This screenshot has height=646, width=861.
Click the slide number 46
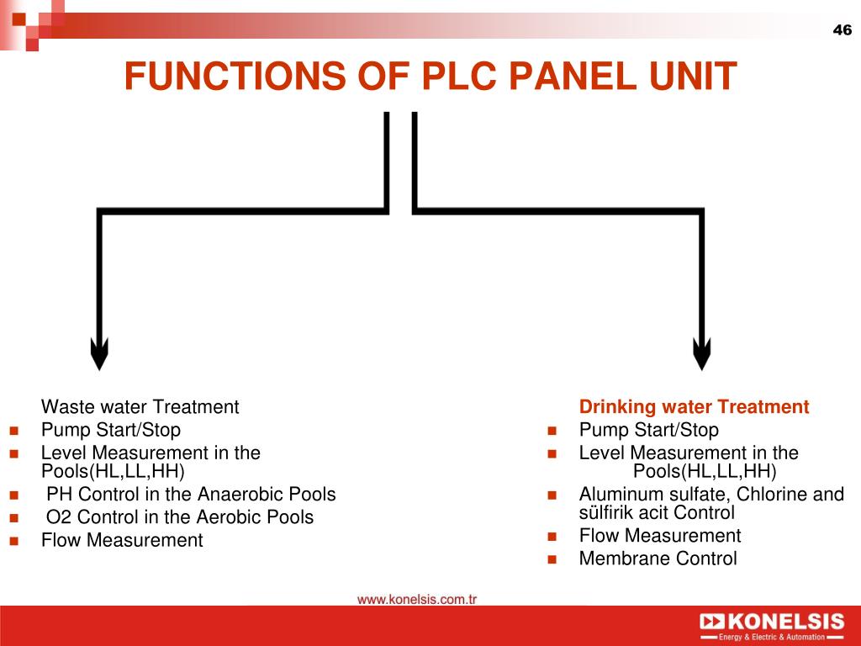pos(842,29)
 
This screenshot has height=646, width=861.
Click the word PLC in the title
pos(460,76)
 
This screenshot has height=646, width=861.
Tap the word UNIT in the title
pos(693,76)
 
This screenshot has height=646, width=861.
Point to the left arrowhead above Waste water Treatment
pos(99,354)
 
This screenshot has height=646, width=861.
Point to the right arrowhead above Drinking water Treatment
pos(702,354)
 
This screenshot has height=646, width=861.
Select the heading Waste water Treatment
pos(140,407)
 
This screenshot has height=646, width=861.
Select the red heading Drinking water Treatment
pos(694,407)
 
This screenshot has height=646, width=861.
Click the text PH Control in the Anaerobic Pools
pos(191,495)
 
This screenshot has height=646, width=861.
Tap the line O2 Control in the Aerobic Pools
pos(180,517)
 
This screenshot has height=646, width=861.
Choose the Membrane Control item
pos(658,559)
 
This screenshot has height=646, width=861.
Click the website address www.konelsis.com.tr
pos(417,599)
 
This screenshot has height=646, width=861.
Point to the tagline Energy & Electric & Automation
pos(772,638)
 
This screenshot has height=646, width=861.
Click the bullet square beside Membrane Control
pos(552,559)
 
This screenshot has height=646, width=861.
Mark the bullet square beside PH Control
pos(13,495)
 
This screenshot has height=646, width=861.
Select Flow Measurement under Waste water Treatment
pos(122,541)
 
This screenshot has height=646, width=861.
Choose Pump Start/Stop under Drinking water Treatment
pos(649,430)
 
